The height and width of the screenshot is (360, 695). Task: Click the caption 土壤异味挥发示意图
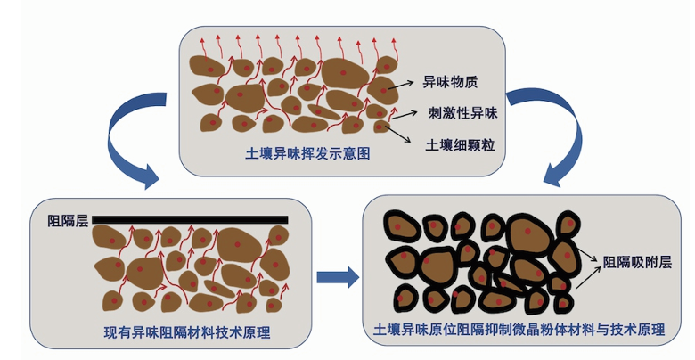coord(307,154)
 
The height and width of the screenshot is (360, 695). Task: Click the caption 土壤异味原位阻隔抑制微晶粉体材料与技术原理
coord(520,330)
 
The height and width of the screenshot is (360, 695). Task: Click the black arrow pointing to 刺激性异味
coord(406,112)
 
